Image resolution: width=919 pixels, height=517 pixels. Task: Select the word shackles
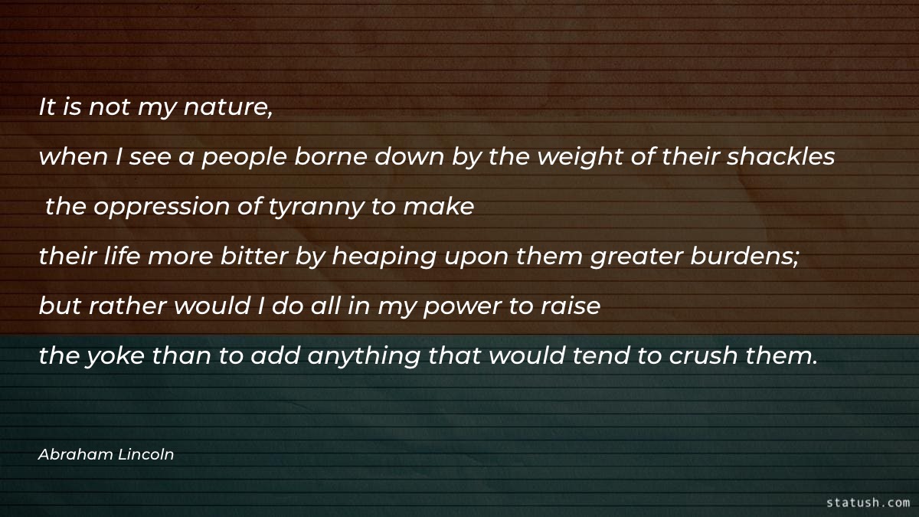pos(780,156)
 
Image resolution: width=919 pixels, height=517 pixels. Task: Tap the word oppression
pos(162,208)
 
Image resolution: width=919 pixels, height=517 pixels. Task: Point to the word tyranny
pos(316,208)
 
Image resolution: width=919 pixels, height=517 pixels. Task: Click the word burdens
pos(744,256)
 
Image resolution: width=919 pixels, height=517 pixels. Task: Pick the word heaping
pos(384,257)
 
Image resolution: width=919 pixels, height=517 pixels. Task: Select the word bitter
pos(254,256)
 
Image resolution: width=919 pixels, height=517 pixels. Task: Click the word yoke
pos(116,355)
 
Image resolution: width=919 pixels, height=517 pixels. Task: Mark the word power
pos(463,307)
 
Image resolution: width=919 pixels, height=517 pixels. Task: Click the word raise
pos(571,306)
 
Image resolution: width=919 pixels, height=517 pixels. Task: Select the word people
pos(244,158)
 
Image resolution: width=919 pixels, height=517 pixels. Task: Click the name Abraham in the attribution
pos(76,454)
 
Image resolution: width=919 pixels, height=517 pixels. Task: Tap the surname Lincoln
pos(146,454)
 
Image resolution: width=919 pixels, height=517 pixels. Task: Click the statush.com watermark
pos(868,502)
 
